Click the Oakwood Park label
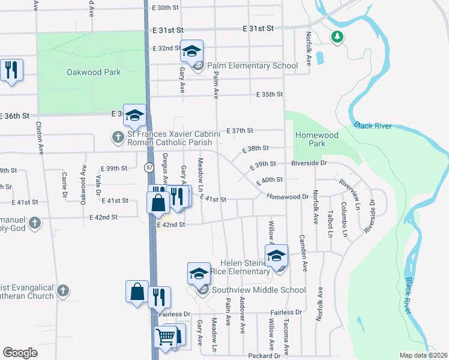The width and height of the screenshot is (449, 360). (x=93, y=73)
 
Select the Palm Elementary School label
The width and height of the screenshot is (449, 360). (x=253, y=66)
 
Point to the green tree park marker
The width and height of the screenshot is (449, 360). (x=337, y=37)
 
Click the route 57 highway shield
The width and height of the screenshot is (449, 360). (x=147, y=167)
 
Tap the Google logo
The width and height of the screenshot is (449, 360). (x=20, y=352)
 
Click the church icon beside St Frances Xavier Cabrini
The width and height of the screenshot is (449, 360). (x=118, y=137)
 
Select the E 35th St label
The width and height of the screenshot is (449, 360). (x=269, y=95)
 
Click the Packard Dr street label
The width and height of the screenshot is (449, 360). (x=264, y=356)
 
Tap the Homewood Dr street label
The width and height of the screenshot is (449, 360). (x=288, y=197)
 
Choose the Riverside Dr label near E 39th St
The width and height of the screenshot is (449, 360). (x=310, y=163)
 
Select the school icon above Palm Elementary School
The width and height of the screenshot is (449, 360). (x=192, y=52)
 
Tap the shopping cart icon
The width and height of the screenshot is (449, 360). (x=165, y=337)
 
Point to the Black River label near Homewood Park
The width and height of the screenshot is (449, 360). (x=373, y=126)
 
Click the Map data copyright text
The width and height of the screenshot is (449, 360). (x=423, y=355)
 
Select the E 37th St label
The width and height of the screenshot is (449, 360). (x=240, y=130)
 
